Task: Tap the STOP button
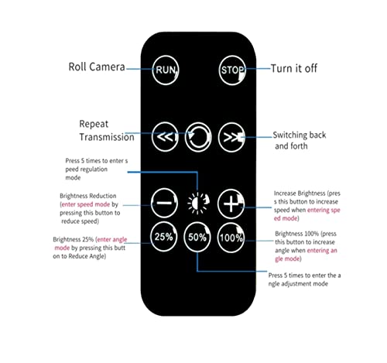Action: [232, 70]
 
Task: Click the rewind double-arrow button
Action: [165, 137]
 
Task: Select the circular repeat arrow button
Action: [198, 137]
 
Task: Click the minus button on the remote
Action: [164, 203]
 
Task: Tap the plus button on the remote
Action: [231, 204]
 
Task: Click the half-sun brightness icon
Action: [198, 203]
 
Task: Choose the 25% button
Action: [163, 237]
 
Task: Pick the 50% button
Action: [197, 237]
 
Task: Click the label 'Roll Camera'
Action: [97, 67]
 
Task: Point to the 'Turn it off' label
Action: [294, 68]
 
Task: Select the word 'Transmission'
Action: [107, 137]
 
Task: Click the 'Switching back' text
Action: [300, 135]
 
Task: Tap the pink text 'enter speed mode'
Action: [86, 204]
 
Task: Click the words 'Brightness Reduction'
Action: [88, 196]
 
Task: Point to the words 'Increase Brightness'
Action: [300, 193]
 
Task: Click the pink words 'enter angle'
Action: [112, 239]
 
